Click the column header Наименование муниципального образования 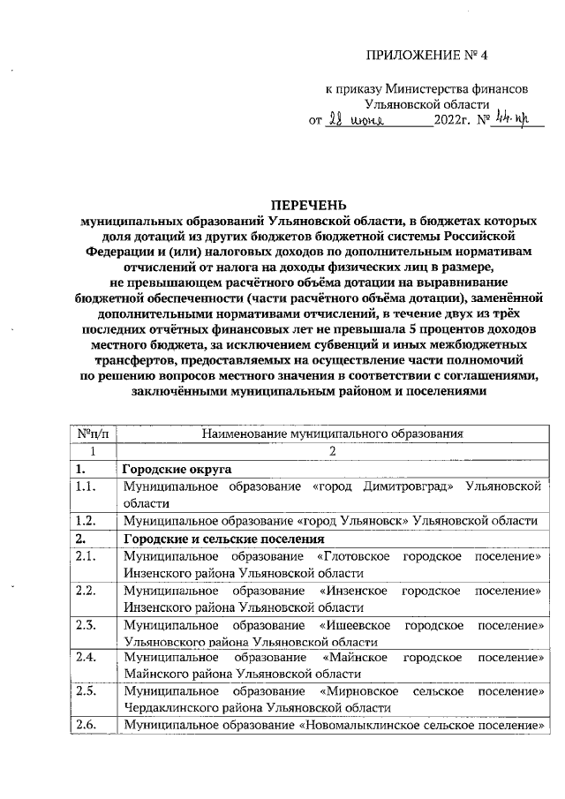pyautogui.click(x=332, y=433)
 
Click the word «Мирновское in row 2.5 pyautogui.click(x=358, y=692)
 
